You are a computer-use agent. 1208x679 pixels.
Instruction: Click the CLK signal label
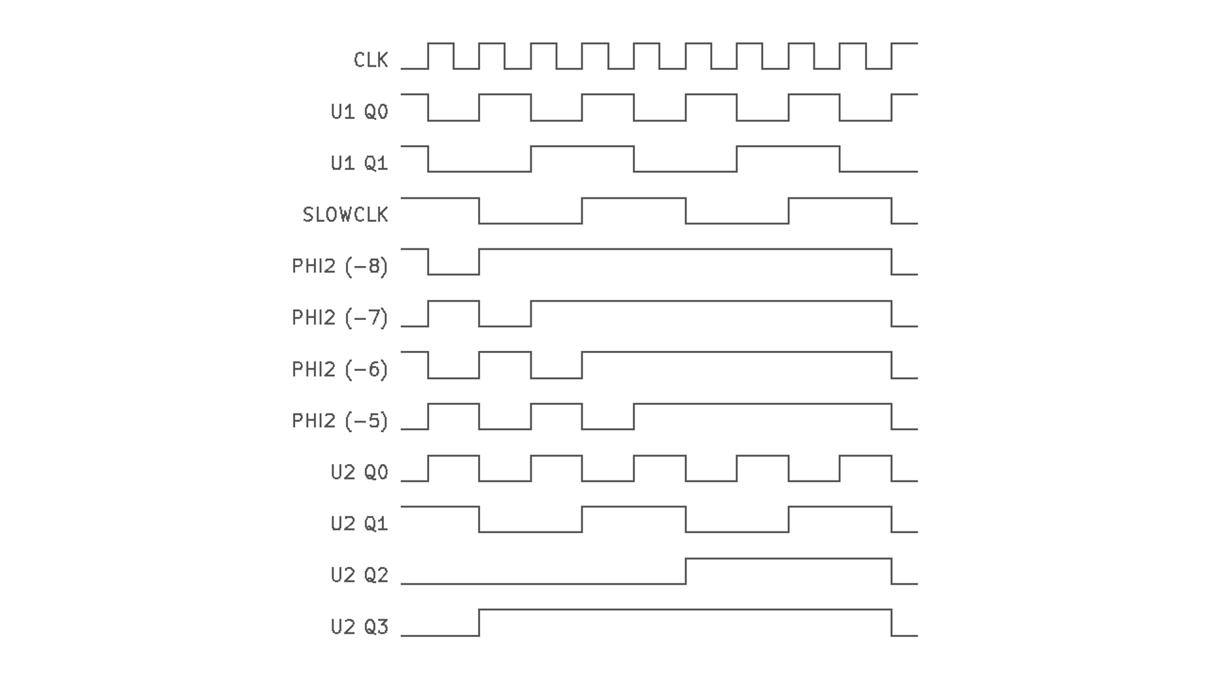(x=371, y=60)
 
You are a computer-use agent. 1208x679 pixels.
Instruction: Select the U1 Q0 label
(x=359, y=112)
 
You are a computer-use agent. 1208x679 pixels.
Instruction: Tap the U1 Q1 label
(x=359, y=163)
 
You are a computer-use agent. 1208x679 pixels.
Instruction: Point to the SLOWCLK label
(x=345, y=215)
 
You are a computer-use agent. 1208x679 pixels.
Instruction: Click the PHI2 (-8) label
(x=340, y=267)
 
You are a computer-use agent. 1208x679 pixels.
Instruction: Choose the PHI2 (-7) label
(x=340, y=318)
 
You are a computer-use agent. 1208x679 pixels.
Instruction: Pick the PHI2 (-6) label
(x=340, y=370)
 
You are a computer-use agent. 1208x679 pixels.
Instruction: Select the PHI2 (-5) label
(x=340, y=421)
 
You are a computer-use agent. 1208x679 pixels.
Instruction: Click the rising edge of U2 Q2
(x=686, y=571)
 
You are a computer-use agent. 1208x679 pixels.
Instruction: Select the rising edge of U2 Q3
(x=479, y=622)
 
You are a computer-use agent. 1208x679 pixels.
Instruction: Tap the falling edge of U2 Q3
(x=892, y=622)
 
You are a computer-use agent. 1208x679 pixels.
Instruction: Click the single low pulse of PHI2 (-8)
(x=454, y=273)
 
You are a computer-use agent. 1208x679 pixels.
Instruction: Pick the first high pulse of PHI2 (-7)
(x=454, y=302)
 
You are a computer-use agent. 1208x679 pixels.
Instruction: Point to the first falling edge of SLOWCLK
(x=479, y=211)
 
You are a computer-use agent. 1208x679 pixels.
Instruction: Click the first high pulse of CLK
(x=440, y=44)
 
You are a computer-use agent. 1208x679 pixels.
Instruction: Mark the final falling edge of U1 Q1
(x=840, y=158)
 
